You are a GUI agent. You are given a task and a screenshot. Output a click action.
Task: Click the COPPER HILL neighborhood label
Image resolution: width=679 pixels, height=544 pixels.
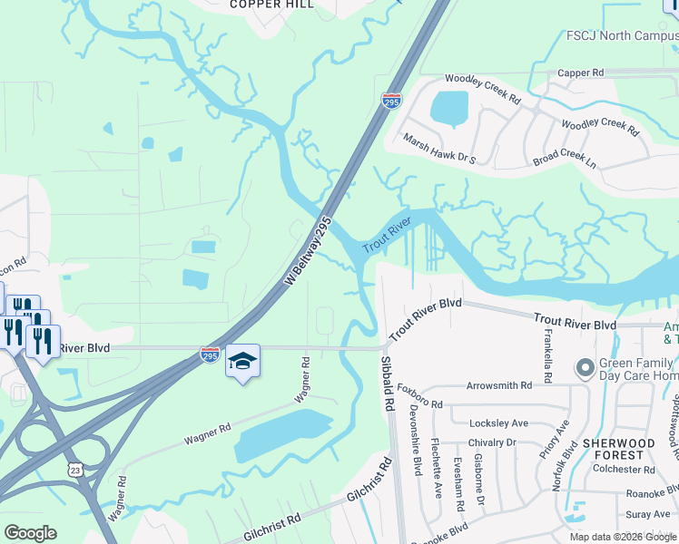271,5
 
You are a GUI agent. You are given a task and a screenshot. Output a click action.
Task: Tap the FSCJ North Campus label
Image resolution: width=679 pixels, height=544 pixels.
615,39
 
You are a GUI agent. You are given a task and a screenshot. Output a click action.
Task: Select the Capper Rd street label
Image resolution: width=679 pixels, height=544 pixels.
580,73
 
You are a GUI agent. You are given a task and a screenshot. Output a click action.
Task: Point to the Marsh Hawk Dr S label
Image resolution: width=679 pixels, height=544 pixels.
439,150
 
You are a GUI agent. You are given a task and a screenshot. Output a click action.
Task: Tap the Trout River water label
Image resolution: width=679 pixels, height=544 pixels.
388,236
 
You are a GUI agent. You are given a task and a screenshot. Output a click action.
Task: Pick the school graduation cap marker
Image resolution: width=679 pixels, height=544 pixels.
242,361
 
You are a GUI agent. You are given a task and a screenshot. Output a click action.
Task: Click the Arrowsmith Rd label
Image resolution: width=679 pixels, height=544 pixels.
498,385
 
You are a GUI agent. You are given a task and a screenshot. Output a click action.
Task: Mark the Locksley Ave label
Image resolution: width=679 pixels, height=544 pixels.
498,423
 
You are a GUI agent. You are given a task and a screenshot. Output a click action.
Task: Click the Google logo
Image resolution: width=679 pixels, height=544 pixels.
31,533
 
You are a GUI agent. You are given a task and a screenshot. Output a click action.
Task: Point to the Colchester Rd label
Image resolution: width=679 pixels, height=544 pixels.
624,470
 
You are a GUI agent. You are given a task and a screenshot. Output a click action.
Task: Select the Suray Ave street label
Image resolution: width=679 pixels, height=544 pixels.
635,513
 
